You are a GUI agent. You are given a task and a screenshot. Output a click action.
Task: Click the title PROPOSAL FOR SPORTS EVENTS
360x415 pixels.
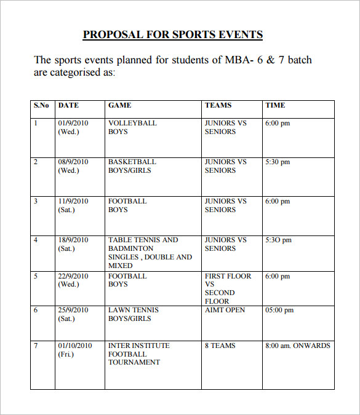pyautogui.click(x=173, y=34)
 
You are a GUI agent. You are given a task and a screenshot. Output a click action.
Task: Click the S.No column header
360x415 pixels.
pyautogui.click(x=41, y=106)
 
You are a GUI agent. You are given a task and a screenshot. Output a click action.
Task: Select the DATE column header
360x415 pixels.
pyautogui.click(x=68, y=106)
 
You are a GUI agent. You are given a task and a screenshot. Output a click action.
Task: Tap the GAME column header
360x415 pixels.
pyautogui.click(x=119, y=106)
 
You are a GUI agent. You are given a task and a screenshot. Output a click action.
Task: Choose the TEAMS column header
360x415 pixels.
pyautogui.click(x=218, y=106)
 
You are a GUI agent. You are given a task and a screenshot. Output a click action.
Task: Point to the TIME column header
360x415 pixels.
pyautogui.click(x=275, y=106)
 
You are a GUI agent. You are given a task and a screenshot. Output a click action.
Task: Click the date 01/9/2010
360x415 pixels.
pyautogui.click(x=73, y=123)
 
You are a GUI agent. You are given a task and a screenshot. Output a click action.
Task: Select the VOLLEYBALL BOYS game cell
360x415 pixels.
pyautogui.click(x=132, y=127)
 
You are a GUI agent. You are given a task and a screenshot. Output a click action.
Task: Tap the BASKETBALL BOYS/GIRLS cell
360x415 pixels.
pyautogui.click(x=132, y=166)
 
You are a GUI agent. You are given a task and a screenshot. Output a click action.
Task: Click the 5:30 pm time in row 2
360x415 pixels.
pyautogui.click(x=277, y=162)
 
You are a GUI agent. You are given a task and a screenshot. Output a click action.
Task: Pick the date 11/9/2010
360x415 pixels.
pyautogui.click(x=73, y=201)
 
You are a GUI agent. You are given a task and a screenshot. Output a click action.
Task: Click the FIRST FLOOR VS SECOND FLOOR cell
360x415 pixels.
pyautogui.click(x=228, y=289)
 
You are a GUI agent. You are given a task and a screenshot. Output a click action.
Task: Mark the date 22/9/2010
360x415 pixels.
pyautogui.click(x=73, y=276)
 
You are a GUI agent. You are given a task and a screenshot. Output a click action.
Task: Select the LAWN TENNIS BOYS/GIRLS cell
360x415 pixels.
pyautogui.click(x=133, y=314)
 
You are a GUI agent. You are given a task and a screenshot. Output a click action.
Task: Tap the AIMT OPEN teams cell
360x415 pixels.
pyautogui.click(x=225, y=310)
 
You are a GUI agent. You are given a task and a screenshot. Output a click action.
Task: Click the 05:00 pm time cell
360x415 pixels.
pyautogui.click(x=279, y=310)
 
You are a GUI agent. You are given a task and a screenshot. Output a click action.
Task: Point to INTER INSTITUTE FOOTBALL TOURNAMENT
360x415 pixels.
pyautogui.click(x=134, y=354)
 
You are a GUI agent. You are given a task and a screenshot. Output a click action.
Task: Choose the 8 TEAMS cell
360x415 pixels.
pyautogui.click(x=220, y=346)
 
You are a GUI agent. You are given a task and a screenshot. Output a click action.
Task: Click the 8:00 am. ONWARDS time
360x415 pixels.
pyautogui.click(x=297, y=346)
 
